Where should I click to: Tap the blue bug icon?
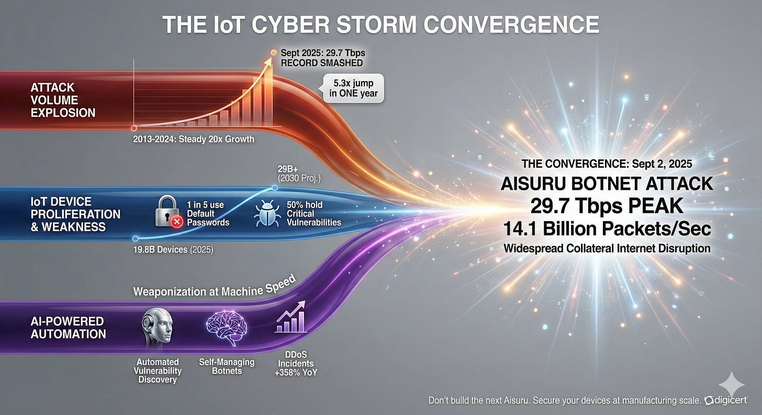click(x=267, y=213)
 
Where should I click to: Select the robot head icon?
click(x=157, y=326)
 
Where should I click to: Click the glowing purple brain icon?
click(x=227, y=327)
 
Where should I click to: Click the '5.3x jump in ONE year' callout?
click(x=353, y=88)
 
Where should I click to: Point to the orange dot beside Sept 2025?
click(x=274, y=52)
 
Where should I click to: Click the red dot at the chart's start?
click(x=134, y=128)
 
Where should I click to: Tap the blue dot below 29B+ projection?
click(x=275, y=188)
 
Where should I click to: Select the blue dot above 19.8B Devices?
click(x=136, y=238)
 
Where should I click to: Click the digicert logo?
click(x=726, y=400)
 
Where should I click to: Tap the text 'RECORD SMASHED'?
click(x=322, y=63)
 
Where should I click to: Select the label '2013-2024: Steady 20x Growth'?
click(x=194, y=139)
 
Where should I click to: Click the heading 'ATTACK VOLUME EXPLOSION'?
click(x=63, y=100)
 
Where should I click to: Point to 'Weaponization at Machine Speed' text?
click(x=215, y=287)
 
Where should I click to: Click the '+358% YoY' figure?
click(x=296, y=373)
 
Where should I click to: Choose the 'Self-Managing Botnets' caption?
click(x=227, y=366)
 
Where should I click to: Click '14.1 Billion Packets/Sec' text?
click(x=607, y=228)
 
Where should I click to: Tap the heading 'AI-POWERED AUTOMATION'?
click(x=68, y=328)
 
